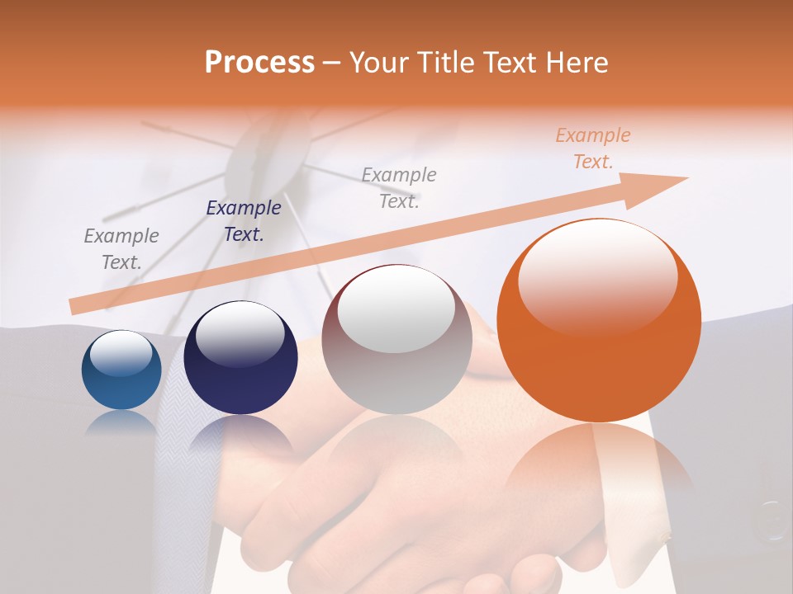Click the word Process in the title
(x=259, y=62)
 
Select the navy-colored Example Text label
(x=244, y=221)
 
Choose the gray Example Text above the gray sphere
(x=399, y=187)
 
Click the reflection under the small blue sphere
(x=121, y=422)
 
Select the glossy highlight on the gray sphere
(x=396, y=309)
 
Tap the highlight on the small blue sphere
(x=121, y=353)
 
